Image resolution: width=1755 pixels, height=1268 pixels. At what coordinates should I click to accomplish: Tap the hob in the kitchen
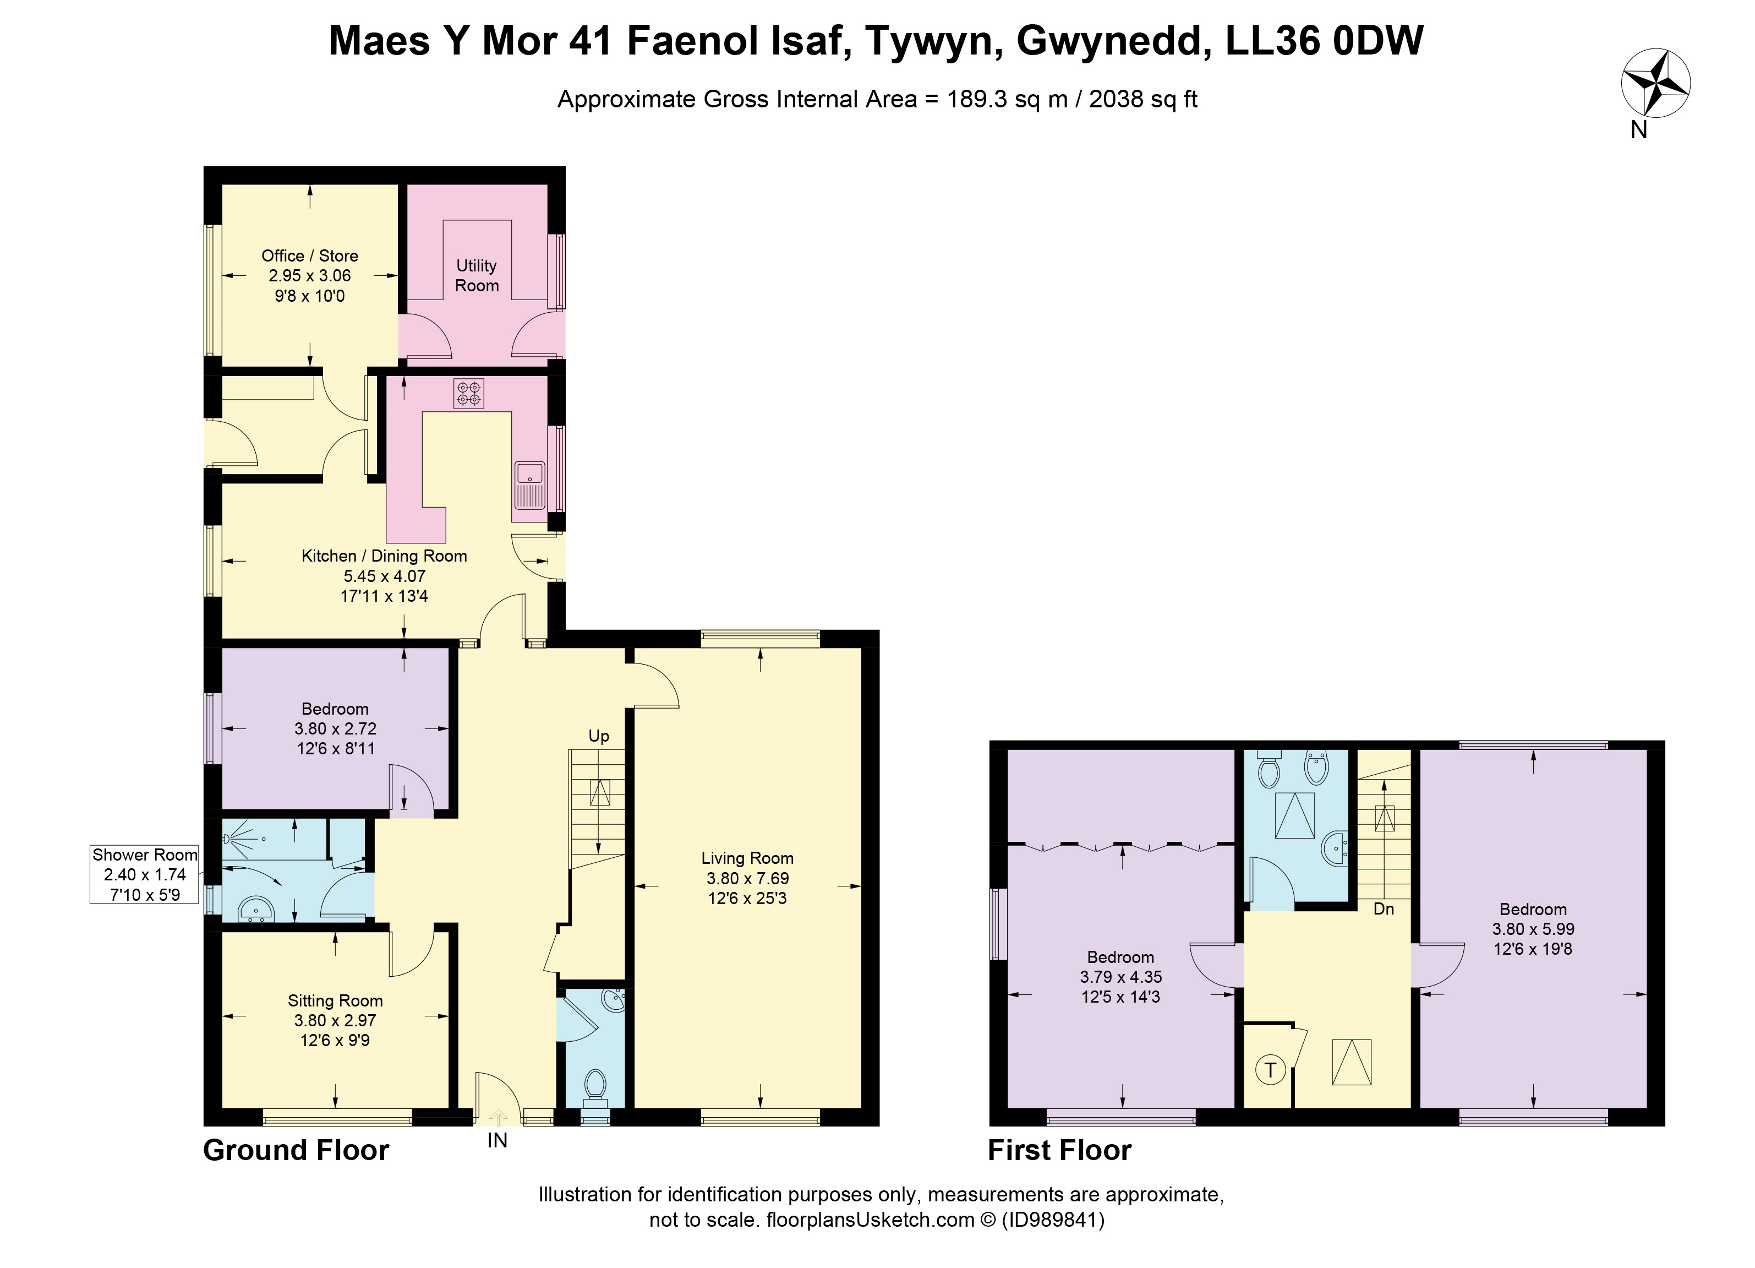click(468, 393)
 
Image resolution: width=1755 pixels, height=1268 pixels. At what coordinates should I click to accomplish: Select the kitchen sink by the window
click(529, 486)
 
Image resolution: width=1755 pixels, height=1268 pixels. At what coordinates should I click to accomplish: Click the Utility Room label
click(477, 276)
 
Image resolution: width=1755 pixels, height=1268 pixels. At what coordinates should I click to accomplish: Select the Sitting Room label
click(335, 1001)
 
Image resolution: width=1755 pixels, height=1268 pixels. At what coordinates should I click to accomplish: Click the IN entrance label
click(497, 1140)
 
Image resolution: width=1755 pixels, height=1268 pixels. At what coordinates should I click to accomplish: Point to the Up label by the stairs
click(599, 736)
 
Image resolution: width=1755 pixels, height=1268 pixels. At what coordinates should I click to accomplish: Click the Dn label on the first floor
click(1384, 910)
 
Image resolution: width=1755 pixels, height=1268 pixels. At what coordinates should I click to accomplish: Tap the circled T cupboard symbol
click(1270, 1070)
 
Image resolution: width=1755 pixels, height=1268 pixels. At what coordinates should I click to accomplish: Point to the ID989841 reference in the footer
click(1053, 1220)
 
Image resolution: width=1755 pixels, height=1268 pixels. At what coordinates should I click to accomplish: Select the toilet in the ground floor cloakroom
click(595, 1086)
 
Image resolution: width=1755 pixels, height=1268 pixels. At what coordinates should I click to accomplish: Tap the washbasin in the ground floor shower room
click(256, 910)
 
